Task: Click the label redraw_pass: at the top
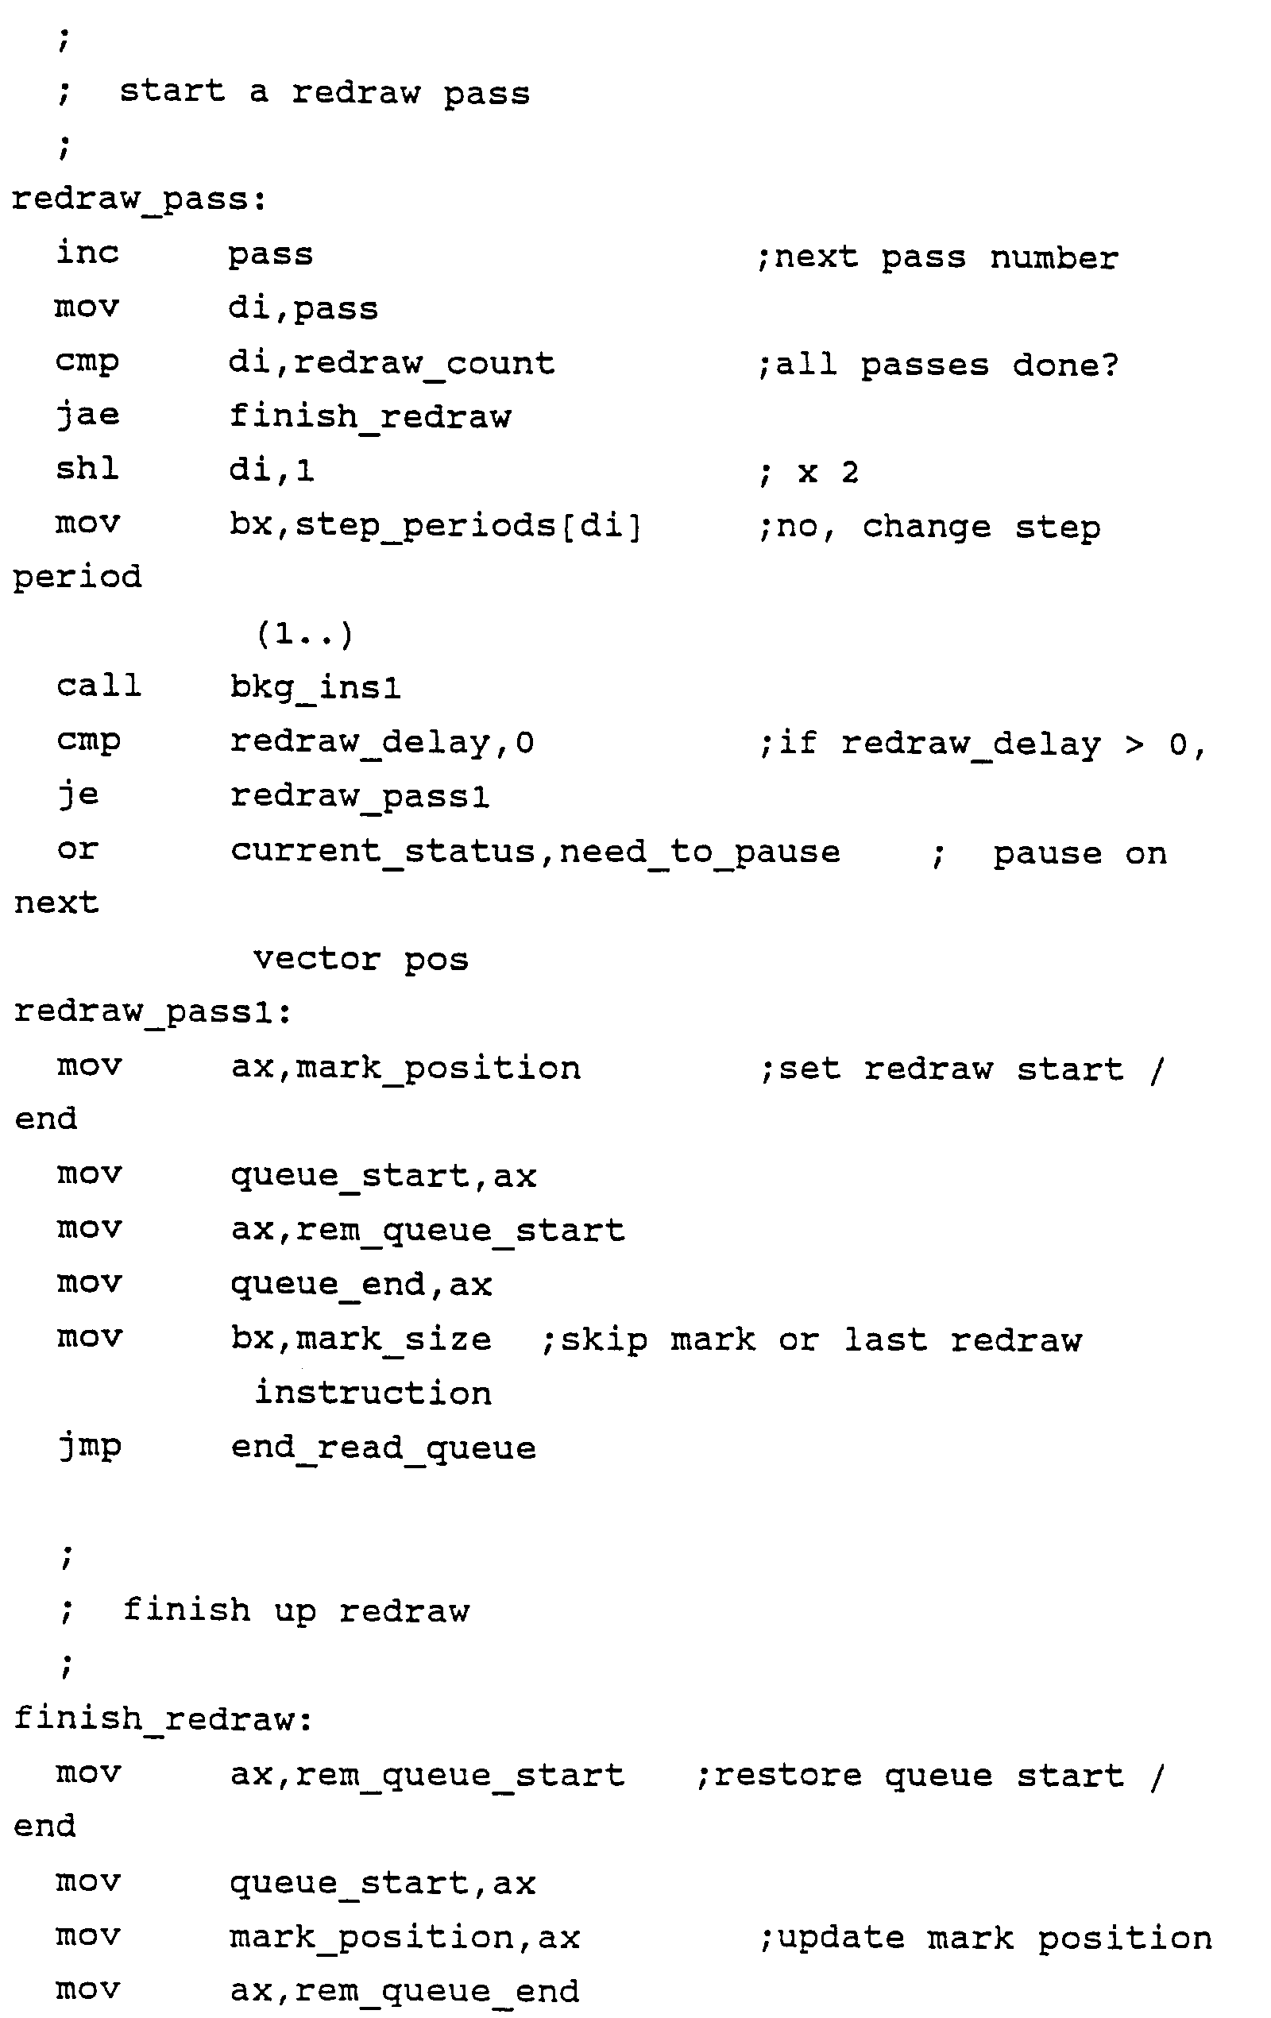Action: tap(139, 200)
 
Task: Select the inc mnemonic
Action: tap(87, 253)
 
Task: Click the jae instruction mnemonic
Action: tap(87, 415)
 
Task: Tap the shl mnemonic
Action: tap(87, 469)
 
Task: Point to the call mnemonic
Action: tap(99, 686)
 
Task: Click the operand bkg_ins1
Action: tap(316, 688)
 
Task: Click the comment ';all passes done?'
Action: tap(937, 365)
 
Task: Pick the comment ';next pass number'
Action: tap(937, 257)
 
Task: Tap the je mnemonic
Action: tap(78, 794)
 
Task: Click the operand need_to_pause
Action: tap(699, 852)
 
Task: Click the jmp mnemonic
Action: tap(90, 1448)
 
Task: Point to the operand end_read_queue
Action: tap(383, 1449)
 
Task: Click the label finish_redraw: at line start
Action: tap(164, 1718)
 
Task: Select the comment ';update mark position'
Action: tap(985, 1939)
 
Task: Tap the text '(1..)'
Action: tap(304, 633)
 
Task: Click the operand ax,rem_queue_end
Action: tap(404, 1991)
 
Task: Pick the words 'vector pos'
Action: tap(361, 959)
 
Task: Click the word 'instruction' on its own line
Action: tap(373, 1393)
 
